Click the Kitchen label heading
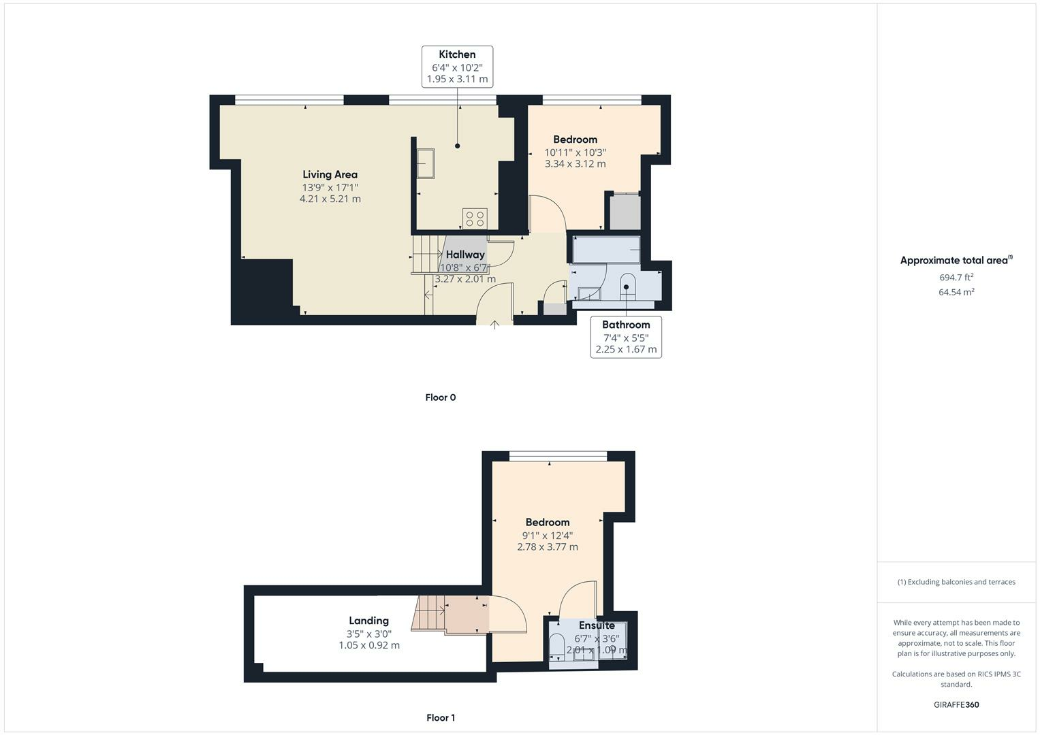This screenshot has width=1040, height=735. [x=457, y=54]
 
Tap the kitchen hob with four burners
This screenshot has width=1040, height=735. [x=475, y=218]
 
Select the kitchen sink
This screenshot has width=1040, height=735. [x=426, y=163]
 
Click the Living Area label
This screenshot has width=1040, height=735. [x=330, y=175]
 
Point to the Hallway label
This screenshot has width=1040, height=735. [x=465, y=255]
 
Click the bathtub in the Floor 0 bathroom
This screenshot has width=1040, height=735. [x=606, y=249]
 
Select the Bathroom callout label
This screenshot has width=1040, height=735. [x=626, y=325]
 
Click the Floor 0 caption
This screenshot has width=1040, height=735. [x=440, y=397]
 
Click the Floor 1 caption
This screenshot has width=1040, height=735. [x=440, y=717]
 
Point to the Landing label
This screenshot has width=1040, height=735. [x=368, y=621]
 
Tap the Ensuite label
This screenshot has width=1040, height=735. [x=597, y=625]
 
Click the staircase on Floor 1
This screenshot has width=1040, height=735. [x=428, y=612]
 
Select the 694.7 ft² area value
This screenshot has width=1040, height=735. [x=956, y=277]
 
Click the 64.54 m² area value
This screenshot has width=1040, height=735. [x=956, y=292]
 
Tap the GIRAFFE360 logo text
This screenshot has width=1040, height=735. [x=956, y=704]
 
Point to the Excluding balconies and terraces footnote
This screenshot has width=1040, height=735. [x=956, y=582]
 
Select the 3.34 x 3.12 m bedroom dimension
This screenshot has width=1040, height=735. [x=575, y=164]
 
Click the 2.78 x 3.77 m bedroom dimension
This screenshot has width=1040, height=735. [x=547, y=547]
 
